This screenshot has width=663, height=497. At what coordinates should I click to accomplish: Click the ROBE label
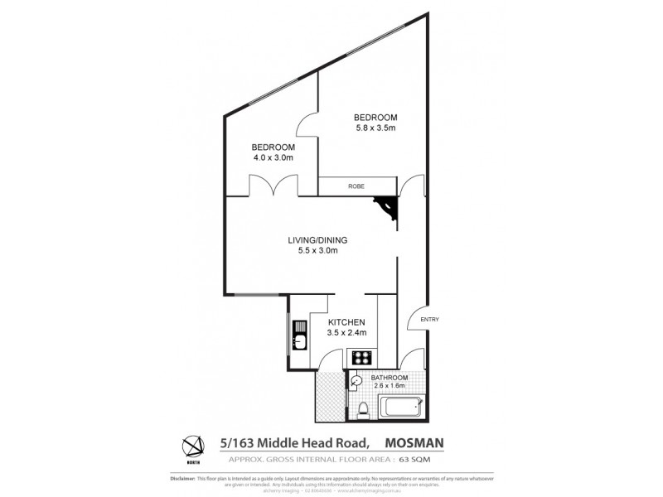357,186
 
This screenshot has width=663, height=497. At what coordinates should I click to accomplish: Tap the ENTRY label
430,320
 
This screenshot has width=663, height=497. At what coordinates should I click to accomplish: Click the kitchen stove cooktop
362,359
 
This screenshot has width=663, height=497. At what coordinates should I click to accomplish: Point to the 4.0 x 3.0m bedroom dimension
273,157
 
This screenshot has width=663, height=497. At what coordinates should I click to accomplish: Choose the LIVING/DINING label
317,239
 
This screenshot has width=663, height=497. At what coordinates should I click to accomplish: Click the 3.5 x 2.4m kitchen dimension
346,333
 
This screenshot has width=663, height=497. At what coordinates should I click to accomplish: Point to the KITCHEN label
346,322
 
